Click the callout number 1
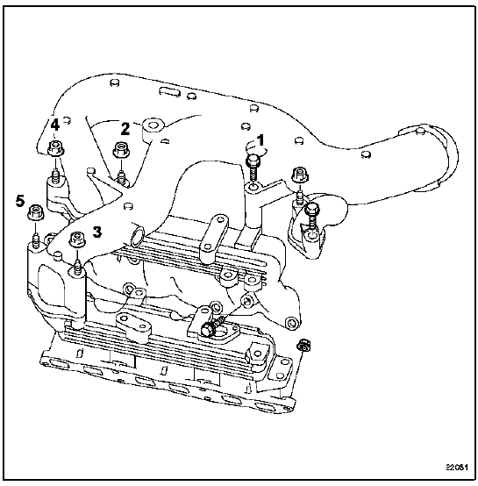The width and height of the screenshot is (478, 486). coord(261,140)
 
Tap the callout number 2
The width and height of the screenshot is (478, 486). coord(125,129)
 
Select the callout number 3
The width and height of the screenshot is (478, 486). coord(97,232)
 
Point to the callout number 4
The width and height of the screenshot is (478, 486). coord(55,125)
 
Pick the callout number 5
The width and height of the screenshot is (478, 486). coord(20,202)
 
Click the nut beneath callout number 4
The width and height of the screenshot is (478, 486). coord(56,148)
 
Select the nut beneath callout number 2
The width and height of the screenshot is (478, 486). coord(121,150)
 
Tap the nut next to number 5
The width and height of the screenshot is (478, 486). coord(36,211)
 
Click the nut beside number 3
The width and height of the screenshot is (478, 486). coord(77,239)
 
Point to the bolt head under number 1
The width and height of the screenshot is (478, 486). coord(253,161)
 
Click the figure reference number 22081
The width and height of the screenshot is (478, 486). coord(457,467)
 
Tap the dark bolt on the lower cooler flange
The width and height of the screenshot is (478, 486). coord(208,329)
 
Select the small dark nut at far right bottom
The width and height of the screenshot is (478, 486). coord(303,345)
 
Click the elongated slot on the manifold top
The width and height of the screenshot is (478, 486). coord(168,91)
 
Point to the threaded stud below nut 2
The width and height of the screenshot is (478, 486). coord(121,176)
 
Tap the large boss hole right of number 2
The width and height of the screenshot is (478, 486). coord(153,125)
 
